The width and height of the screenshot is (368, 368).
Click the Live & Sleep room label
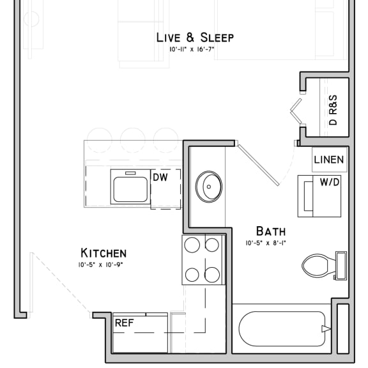(x=195, y=38)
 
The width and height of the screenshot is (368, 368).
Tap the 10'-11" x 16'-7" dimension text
(x=192, y=50)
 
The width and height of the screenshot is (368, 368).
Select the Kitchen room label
(x=103, y=253)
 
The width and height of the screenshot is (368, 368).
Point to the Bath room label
(x=271, y=231)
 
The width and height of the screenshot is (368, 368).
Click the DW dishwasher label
(x=160, y=178)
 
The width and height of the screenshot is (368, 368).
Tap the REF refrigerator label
(x=125, y=323)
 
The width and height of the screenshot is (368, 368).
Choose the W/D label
(x=330, y=182)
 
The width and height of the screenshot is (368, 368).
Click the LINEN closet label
(x=329, y=160)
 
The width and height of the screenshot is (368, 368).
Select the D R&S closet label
(x=333, y=110)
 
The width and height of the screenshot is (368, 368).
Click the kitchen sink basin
(x=130, y=189)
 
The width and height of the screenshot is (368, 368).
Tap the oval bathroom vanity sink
(x=209, y=187)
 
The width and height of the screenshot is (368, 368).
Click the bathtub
(x=282, y=329)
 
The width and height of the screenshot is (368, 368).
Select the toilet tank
(x=341, y=266)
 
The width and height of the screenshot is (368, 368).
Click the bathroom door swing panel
(x=258, y=165)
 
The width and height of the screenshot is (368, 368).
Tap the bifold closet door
(x=296, y=111)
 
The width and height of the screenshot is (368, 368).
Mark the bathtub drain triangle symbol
(x=326, y=329)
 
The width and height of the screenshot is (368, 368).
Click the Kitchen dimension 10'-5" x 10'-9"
(x=100, y=265)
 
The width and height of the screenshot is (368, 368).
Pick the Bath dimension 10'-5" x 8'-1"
(x=266, y=243)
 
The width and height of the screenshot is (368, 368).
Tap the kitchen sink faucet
(x=130, y=173)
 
